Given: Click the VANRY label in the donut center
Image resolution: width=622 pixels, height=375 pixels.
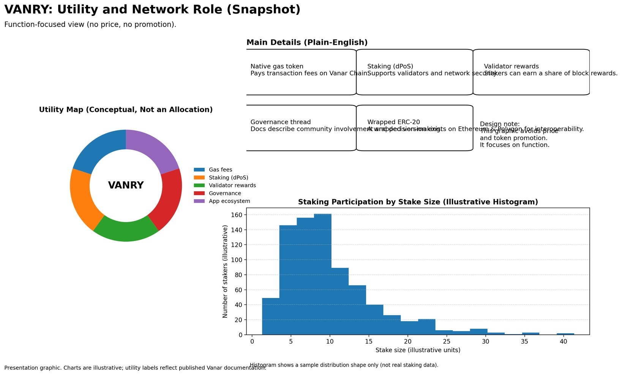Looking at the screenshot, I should (126, 185).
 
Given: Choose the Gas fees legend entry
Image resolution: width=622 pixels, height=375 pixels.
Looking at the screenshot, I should (220, 170).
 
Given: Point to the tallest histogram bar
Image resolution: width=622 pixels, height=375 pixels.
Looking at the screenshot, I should (323, 273).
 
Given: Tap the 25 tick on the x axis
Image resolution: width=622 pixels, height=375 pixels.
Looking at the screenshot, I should (447, 342).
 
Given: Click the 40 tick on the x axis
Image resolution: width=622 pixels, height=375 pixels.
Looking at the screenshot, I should (563, 342).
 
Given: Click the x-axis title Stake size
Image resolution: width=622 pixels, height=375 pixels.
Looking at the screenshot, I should (418, 350).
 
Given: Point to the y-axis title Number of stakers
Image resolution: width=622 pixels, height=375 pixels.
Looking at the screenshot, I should (225, 271).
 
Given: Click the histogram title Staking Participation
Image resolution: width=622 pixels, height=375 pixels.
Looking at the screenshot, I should (418, 202).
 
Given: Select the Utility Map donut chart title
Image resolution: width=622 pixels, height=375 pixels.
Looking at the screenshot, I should (126, 110).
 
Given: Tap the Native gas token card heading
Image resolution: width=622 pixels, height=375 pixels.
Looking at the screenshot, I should (277, 66).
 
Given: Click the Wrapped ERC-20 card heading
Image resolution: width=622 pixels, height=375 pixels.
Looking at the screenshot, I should (393, 122).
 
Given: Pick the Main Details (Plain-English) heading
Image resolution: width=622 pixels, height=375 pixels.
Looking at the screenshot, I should (307, 43).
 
